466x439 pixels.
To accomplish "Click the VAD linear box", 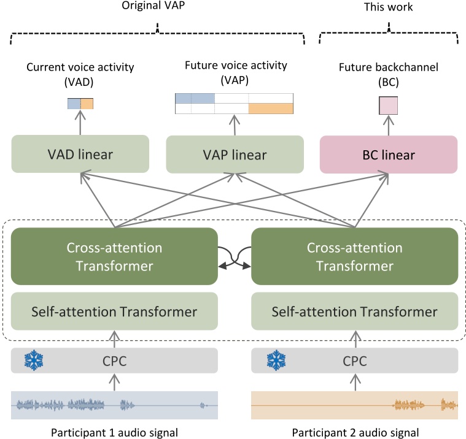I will (x=80, y=154).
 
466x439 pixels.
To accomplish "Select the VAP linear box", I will (x=235, y=154).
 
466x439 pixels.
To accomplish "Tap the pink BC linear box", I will (x=389, y=154).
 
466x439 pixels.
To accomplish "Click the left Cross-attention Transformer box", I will (x=115, y=256).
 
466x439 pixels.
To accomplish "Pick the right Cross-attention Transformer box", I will (x=355, y=256).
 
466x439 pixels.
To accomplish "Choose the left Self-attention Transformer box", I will (x=115, y=311).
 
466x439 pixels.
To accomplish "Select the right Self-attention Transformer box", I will (x=355, y=311).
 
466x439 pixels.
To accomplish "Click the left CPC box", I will (x=115, y=361).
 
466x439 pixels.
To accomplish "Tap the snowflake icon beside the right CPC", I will (x=275, y=361).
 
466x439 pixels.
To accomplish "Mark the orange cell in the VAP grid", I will (x=271, y=109).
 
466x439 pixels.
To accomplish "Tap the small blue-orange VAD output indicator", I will (x=80, y=104).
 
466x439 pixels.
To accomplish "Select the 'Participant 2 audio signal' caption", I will (x=355, y=432).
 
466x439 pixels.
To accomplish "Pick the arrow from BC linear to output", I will (x=388, y=126).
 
